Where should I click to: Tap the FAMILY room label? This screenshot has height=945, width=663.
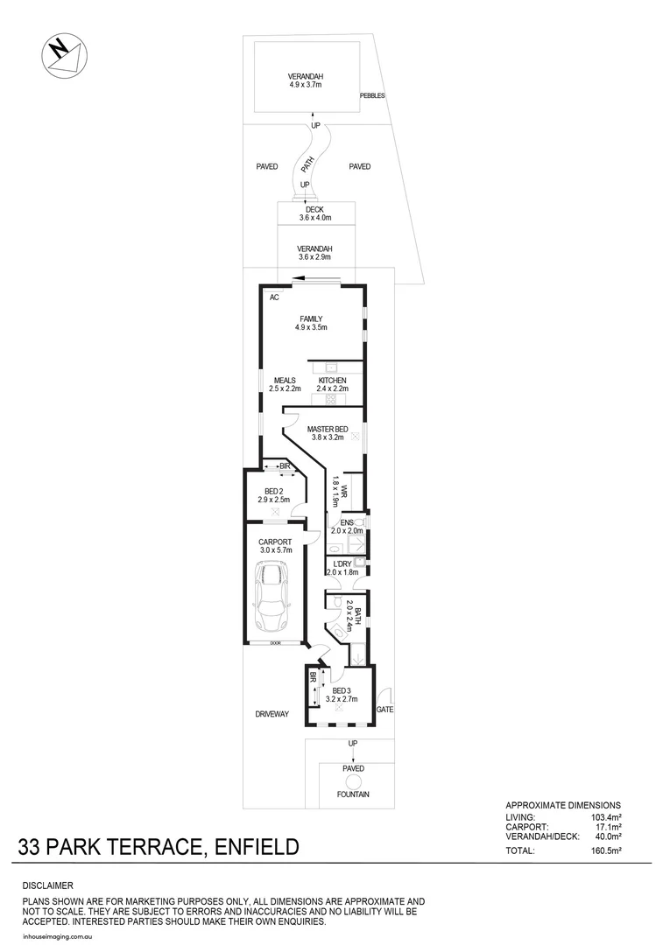pos(311,318)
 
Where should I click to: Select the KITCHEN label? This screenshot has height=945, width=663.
pos(332,380)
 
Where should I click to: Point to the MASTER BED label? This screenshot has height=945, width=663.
pos(328,429)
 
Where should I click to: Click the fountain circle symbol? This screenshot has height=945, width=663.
pos(354,781)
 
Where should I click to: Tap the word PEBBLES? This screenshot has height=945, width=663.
pos(372,95)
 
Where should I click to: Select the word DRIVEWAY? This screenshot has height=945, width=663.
pos(272,714)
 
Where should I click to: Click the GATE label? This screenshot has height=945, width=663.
pos(384,708)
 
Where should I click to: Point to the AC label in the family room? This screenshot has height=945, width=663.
pos(274,297)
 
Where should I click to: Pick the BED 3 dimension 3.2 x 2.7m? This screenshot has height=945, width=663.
pos(342,699)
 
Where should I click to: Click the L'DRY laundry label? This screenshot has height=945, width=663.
pos(338,563)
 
